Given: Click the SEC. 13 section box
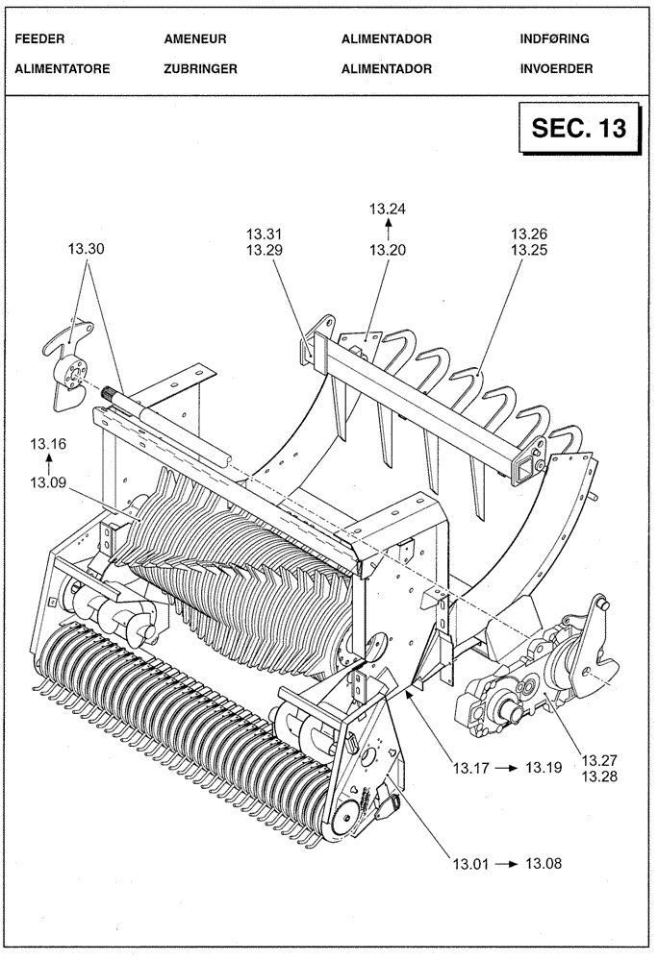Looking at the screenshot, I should tap(579, 130).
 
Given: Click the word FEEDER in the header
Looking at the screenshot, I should tap(40, 39).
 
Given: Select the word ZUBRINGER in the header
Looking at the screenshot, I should tap(200, 69).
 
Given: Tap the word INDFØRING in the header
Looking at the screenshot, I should tap(554, 39).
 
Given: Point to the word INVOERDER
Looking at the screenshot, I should tap(556, 69).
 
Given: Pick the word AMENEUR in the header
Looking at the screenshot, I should tap(195, 39).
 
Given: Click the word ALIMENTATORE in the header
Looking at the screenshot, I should tap(63, 69).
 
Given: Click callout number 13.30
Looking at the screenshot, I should tap(87, 249).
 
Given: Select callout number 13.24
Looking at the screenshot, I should tap(388, 209).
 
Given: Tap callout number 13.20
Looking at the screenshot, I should tap(388, 250).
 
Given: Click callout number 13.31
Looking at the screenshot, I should tap(265, 234).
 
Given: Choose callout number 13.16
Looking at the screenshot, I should tap(48, 443).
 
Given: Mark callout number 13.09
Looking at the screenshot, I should tap(48, 483).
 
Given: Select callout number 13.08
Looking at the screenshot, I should tap(544, 864).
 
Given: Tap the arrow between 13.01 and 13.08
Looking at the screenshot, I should tap(506, 865).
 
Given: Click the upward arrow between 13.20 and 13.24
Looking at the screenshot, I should tap(388, 229).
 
